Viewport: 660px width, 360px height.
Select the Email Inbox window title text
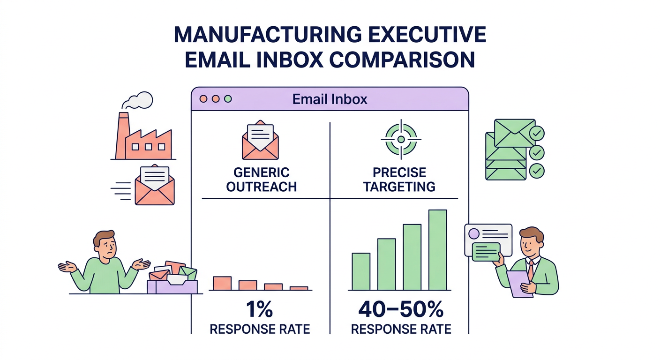(330, 99)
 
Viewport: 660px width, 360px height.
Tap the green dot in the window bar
(228, 99)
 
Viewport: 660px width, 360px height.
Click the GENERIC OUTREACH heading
(261, 180)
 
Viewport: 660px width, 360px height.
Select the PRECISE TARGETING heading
(399, 180)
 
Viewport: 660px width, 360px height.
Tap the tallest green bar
(437, 249)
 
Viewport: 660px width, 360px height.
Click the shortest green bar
(361, 271)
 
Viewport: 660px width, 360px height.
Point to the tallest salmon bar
(222, 283)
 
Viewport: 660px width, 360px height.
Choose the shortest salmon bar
(299, 288)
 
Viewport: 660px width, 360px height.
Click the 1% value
(259, 310)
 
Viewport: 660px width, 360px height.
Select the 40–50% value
(401, 310)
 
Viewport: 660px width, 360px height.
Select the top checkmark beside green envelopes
(536, 135)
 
